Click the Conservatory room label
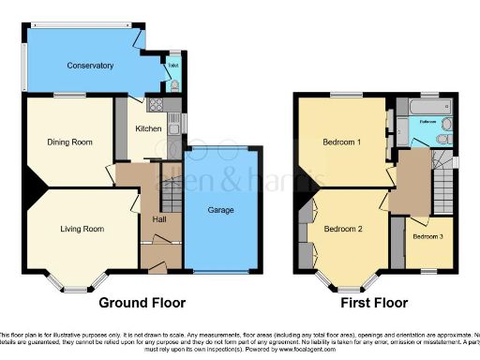[90, 66]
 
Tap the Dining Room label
[70, 142]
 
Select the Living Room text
[82, 228]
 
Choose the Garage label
[221, 211]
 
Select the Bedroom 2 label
[342, 228]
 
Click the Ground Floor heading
[142, 303]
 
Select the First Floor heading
[374, 303]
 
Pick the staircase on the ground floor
[171, 197]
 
